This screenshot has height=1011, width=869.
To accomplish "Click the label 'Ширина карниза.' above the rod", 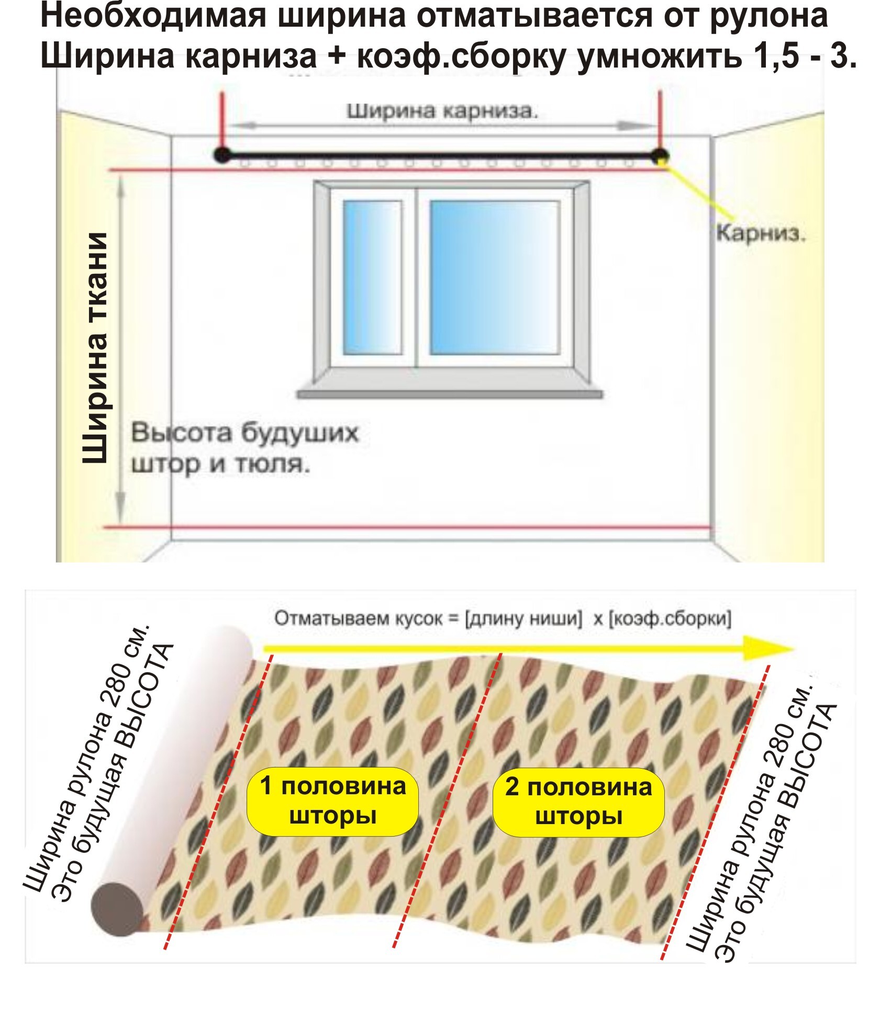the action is (x=442, y=112).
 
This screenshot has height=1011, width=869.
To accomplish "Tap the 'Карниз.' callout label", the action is (x=761, y=233).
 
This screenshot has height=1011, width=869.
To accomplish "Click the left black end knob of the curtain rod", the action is (x=222, y=155).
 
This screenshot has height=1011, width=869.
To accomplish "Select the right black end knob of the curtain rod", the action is (x=660, y=155).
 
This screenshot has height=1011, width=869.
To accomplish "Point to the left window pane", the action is (x=372, y=278).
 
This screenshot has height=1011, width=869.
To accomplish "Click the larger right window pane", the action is (x=495, y=278).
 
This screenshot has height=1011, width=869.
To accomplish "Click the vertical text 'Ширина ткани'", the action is (x=95, y=348).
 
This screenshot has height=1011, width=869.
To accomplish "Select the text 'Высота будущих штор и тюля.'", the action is (x=244, y=449).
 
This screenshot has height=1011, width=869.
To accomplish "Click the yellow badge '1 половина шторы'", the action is (x=332, y=801).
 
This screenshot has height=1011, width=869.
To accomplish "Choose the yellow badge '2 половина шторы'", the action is (x=578, y=802).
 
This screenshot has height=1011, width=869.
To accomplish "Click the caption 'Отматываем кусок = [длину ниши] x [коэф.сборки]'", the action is (x=503, y=618).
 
